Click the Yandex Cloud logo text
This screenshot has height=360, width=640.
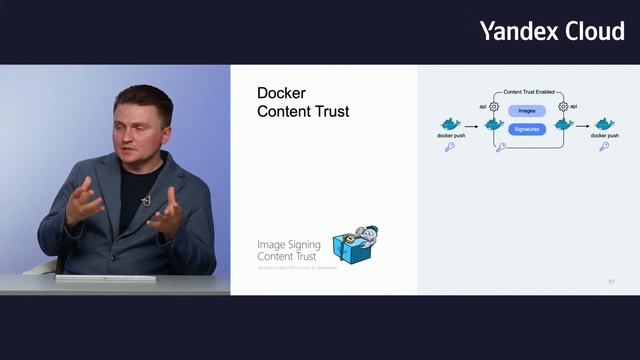pyautogui.click(x=551, y=31)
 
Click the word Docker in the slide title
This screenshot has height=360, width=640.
pyautogui.click(x=281, y=93)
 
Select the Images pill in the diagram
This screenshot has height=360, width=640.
pyautogui.click(x=526, y=111)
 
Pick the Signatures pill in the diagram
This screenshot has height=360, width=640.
pyautogui.click(x=526, y=129)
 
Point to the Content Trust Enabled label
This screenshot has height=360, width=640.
pyautogui.click(x=528, y=91)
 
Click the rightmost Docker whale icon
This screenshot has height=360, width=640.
pyautogui.click(x=604, y=123)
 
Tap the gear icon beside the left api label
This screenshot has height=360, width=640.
pyautogui.click(x=494, y=106)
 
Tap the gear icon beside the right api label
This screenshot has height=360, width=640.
pyautogui.click(x=563, y=106)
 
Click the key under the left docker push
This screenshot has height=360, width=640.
pyautogui.click(x=450, y=146)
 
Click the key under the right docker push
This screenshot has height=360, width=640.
pyautogui.click(x=604, y=146)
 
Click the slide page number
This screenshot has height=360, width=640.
pyautogui.click(x=611, y=281)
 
